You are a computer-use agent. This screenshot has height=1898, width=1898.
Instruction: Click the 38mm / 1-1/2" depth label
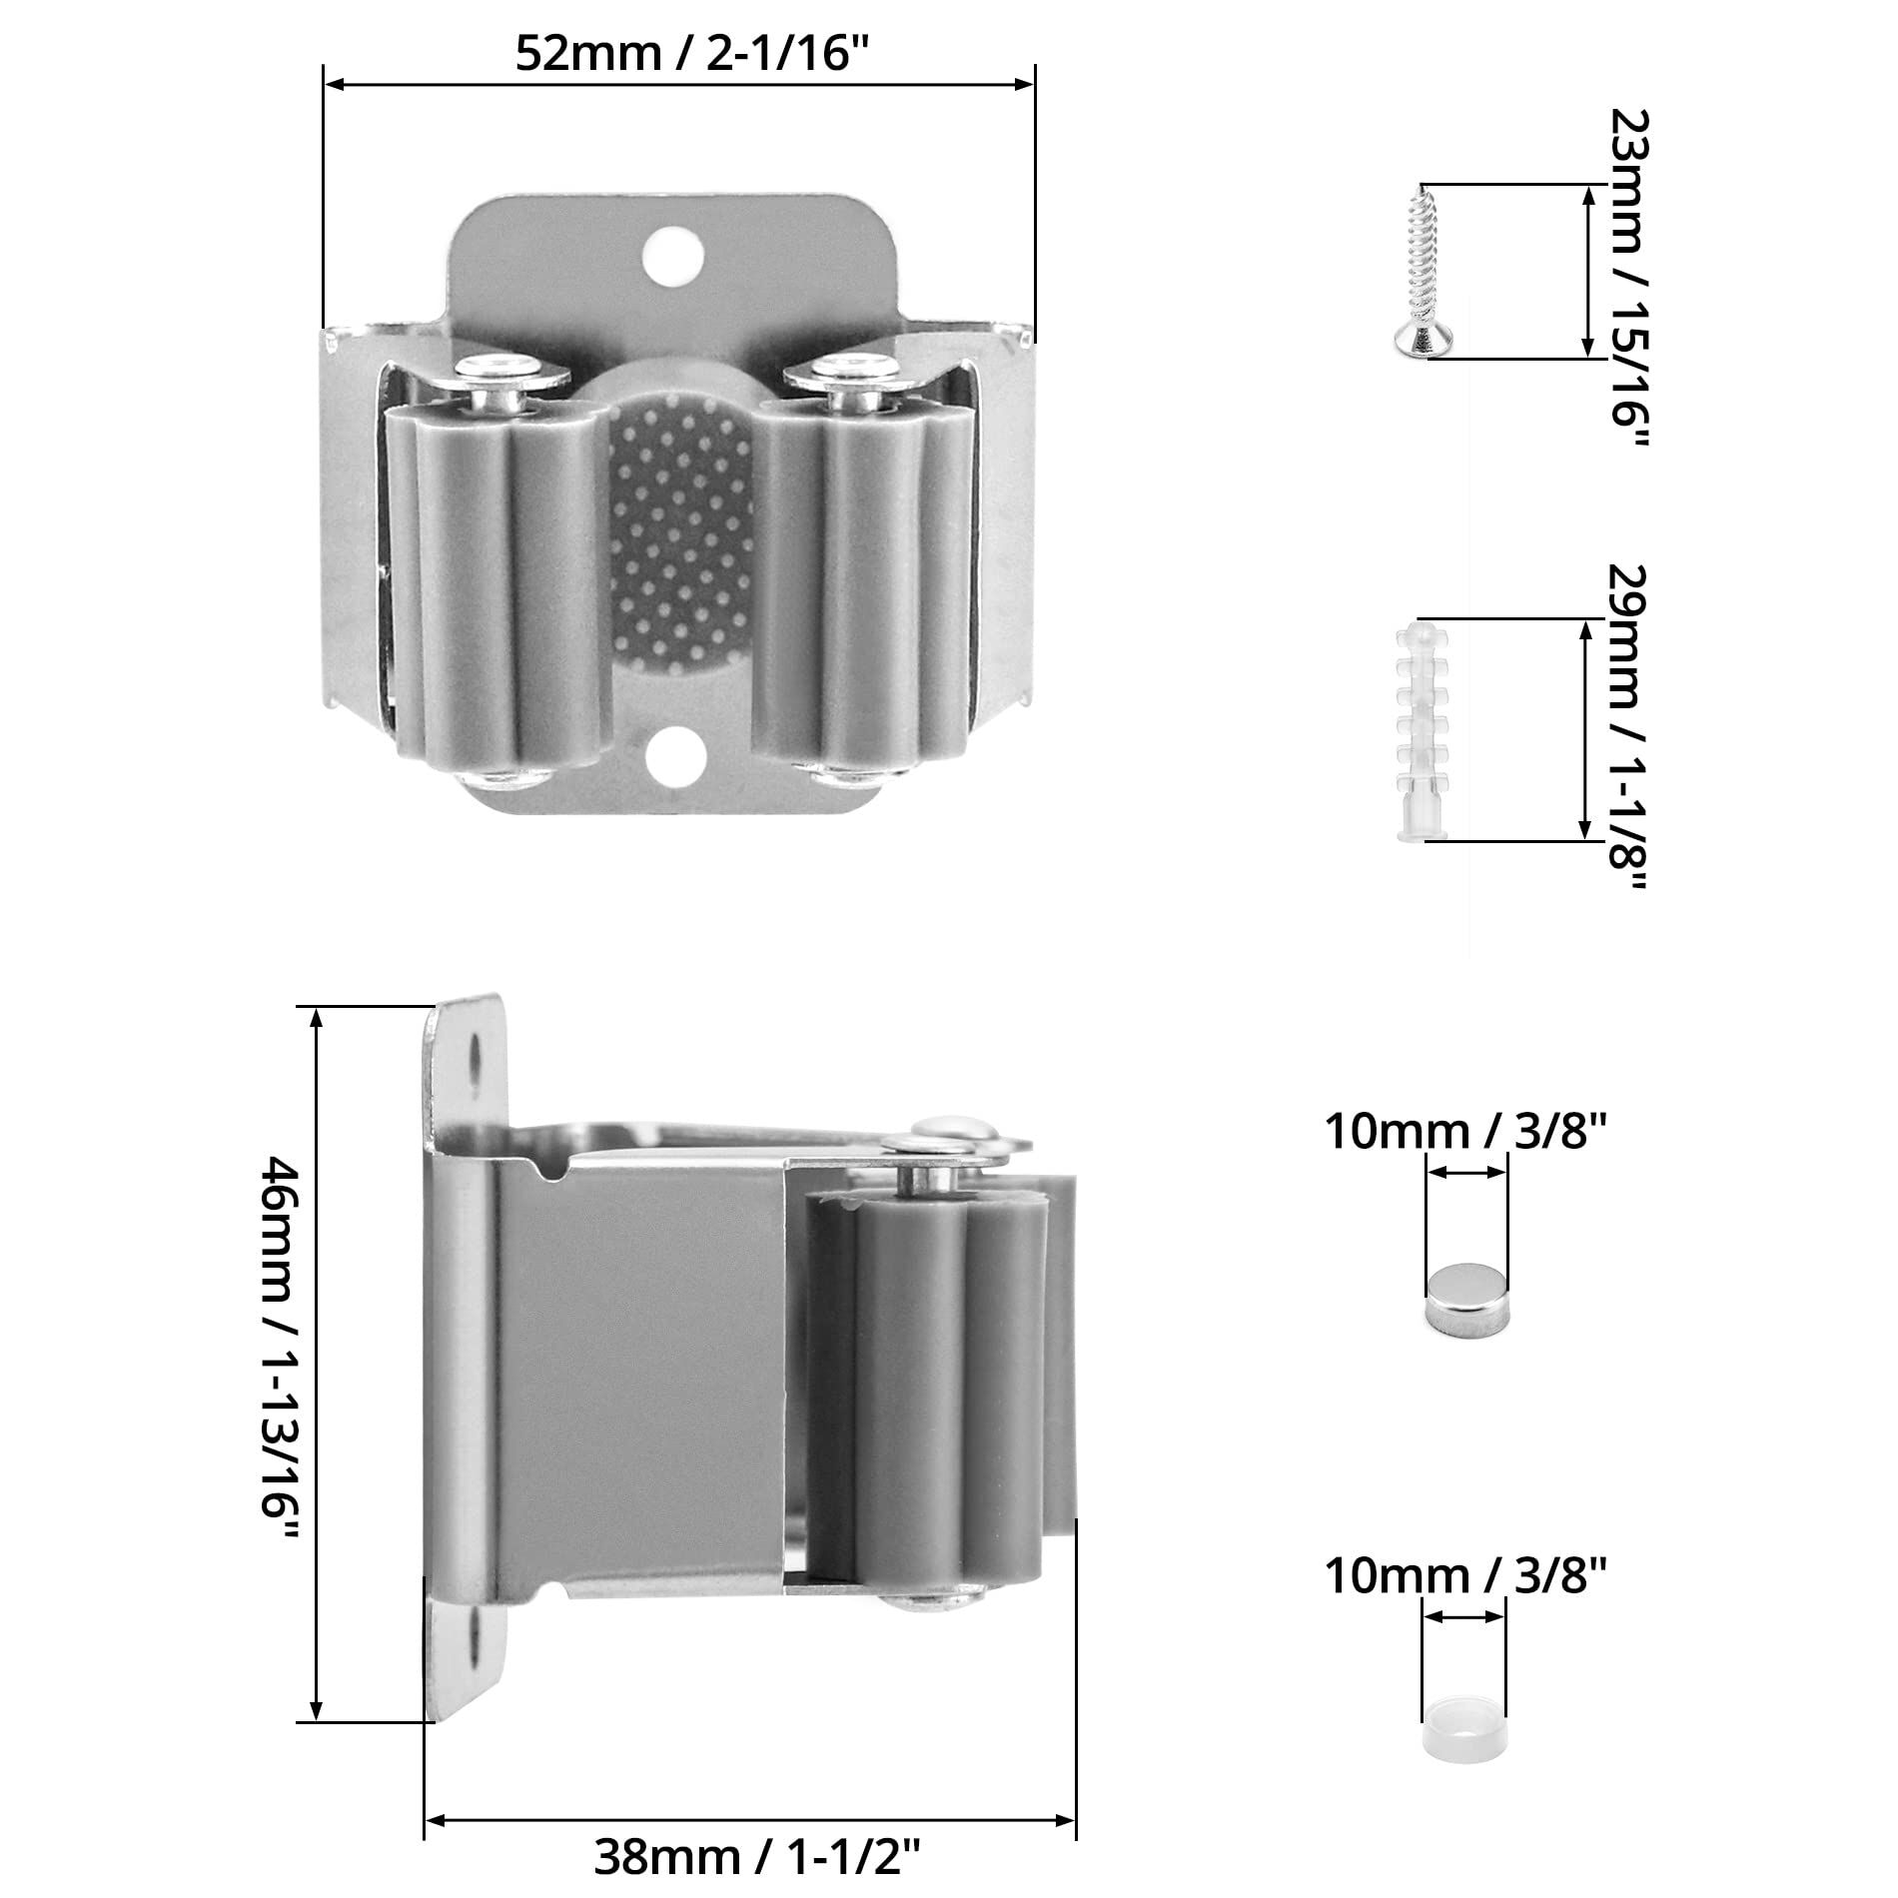(x=757, y=1856)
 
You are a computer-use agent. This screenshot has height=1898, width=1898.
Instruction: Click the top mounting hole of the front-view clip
(x=671, y=254)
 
